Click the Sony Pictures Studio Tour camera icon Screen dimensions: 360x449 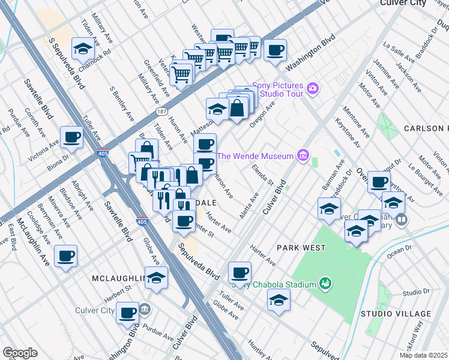click(312, 89)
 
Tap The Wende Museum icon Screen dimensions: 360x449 click(303, 156)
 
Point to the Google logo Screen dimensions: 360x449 click(20, 353)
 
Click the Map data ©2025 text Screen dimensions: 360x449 click(423, 355)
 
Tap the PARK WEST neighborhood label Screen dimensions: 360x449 click(301, 247)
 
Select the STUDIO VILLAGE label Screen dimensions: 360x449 click(396, 314)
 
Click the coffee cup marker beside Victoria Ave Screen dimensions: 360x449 click(71, 137)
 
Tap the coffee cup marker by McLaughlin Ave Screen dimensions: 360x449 click(65, 256)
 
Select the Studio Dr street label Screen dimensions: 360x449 click(413, 292)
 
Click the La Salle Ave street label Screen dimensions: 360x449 click(399, 52)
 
